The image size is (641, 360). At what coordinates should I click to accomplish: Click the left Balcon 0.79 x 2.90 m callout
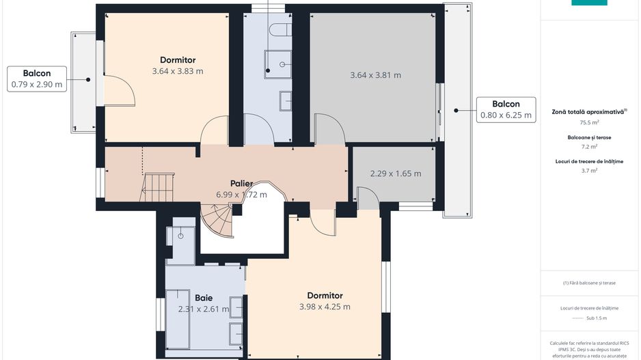tap(37, 79)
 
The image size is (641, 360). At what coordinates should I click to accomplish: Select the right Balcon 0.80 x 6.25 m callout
tap(506, 109)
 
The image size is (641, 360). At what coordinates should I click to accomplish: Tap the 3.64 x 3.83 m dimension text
tap(178, 71)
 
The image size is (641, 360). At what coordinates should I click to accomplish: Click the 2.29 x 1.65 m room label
tap(396, 174)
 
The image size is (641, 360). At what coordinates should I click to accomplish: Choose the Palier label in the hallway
tap(241, 183)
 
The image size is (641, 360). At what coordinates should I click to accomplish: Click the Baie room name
tap(203, 298)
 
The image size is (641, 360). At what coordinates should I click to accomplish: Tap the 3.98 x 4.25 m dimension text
tap(325, 307)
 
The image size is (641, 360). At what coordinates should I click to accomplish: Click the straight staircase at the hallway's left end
tap(158, 186)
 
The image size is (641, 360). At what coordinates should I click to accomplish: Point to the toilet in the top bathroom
tap(279, 29)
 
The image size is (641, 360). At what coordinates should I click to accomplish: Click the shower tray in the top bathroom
tap(278, 64)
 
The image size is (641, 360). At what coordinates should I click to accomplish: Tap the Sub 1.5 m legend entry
tap(590, 318)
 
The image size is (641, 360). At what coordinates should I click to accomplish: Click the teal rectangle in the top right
tap(589, 3)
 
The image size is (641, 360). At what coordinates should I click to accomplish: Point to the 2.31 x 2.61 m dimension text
tap(203, 309)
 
